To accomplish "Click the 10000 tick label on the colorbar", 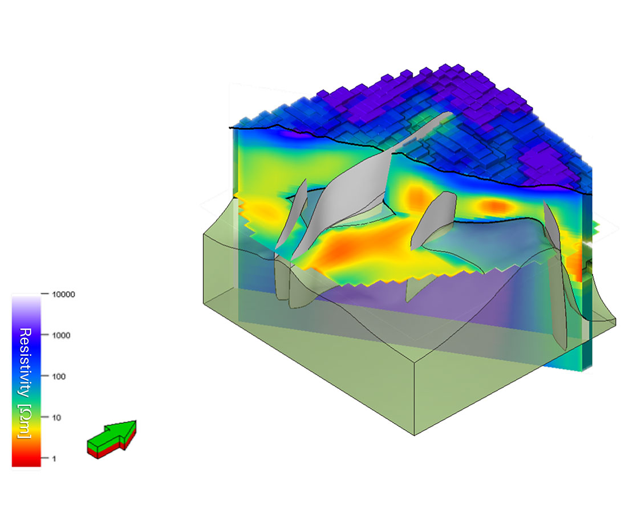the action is point(63,294).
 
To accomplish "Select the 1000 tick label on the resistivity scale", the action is point(61,335).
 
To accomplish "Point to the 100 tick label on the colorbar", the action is point(59,377).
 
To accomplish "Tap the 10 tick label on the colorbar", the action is point(56,418).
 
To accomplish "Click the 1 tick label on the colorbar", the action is point(54,459).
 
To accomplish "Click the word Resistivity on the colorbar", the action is point(25,362).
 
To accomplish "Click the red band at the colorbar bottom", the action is point(26,459).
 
